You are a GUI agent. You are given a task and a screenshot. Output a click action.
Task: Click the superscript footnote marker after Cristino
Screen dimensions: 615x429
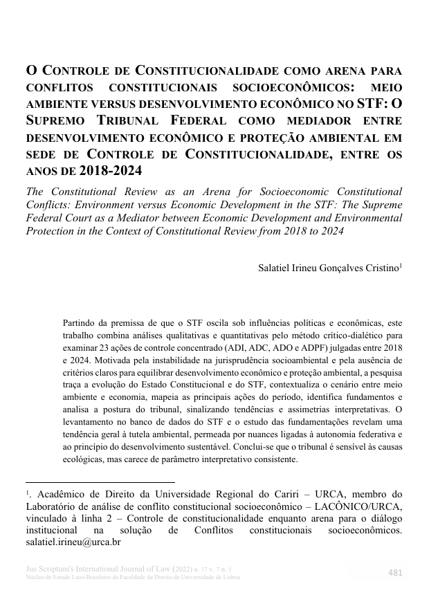(401, 264)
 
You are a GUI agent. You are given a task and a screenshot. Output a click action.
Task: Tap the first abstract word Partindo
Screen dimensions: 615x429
(80, 323)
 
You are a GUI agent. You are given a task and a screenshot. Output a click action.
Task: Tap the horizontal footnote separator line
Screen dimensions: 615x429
(100, 482)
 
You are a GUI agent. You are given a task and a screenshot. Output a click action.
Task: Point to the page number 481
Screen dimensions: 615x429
(395, 572)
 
